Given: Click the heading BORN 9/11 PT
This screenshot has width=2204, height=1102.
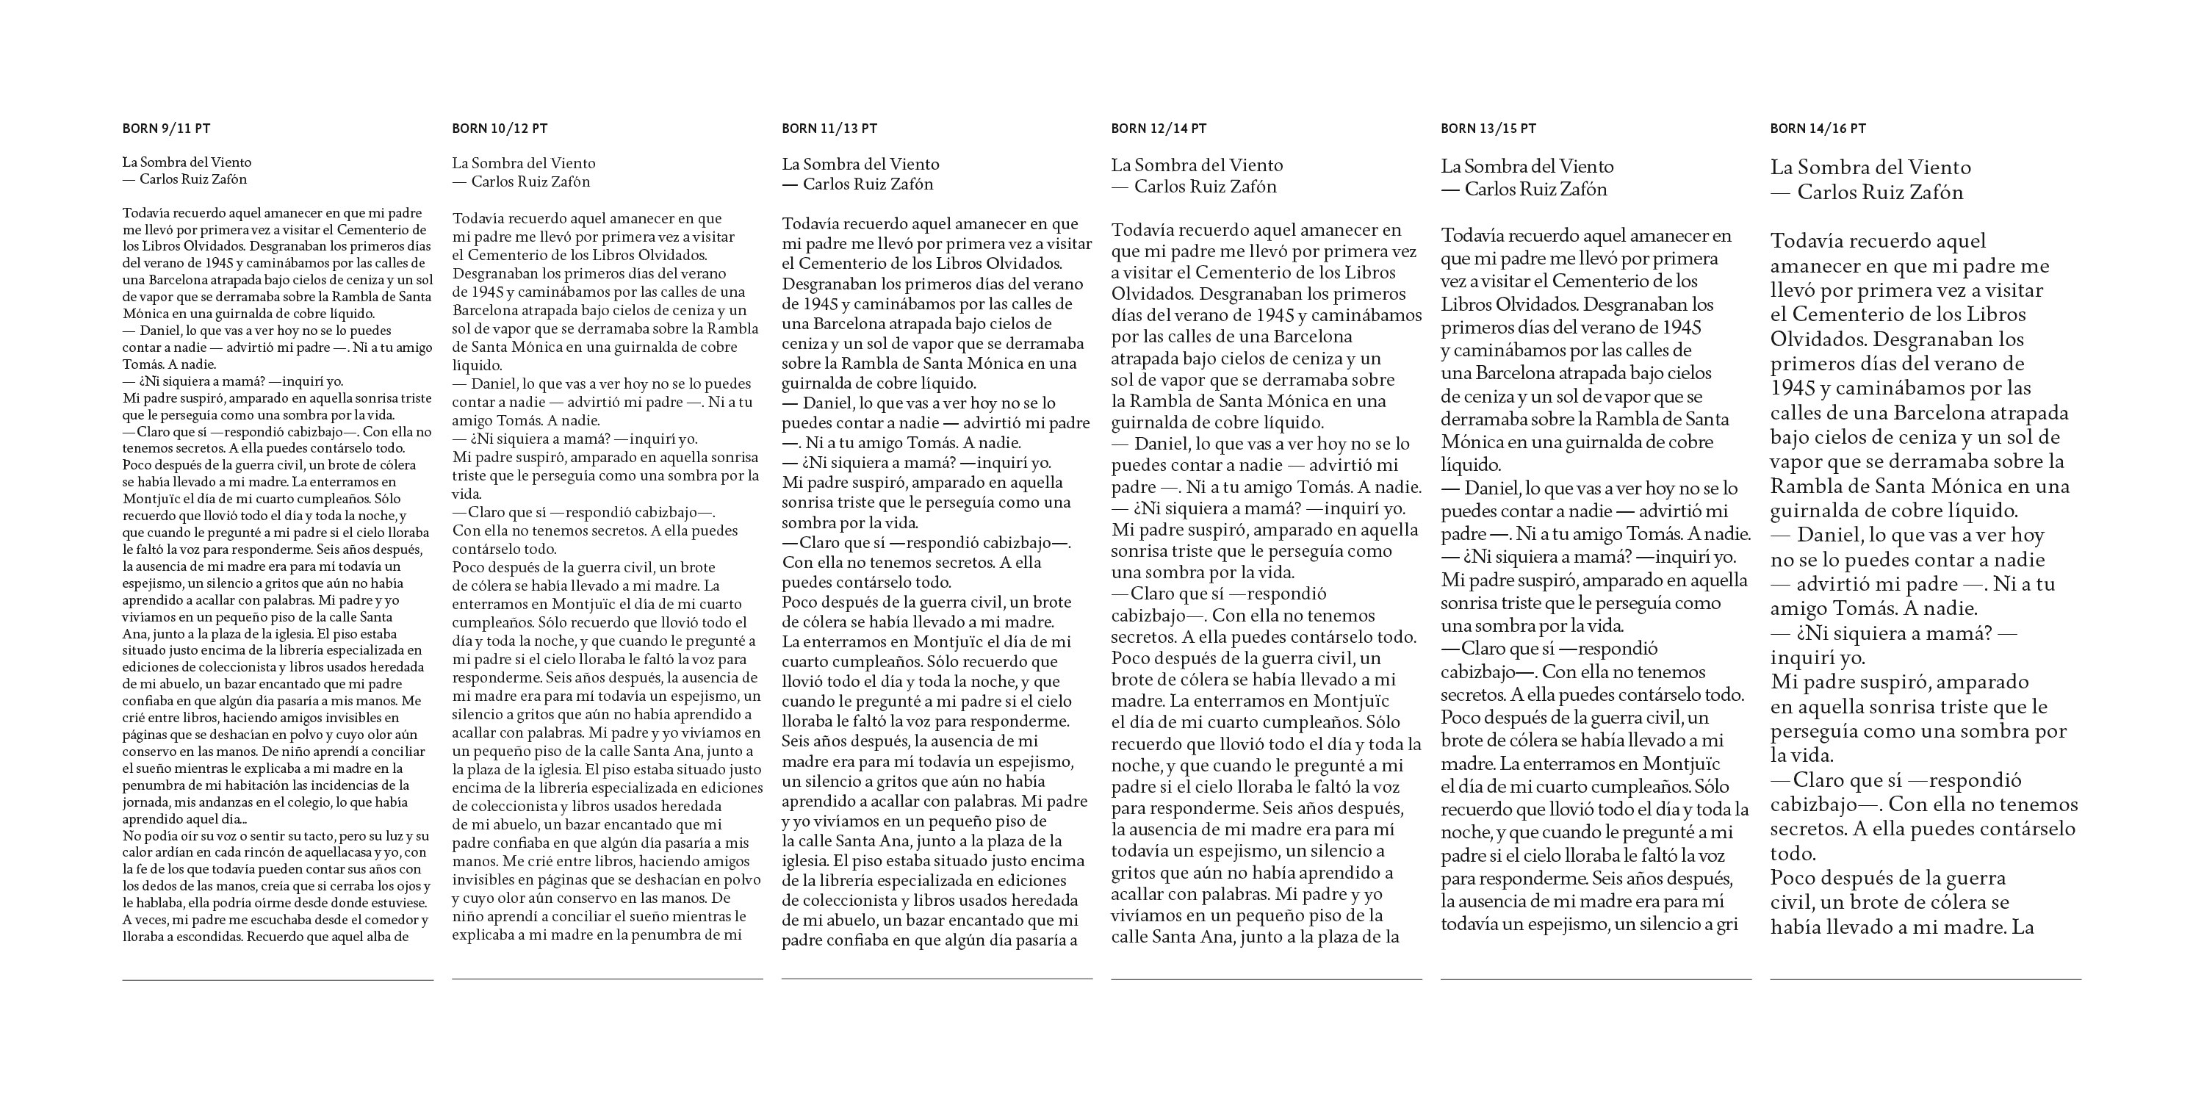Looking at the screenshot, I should click(x=166, y=129).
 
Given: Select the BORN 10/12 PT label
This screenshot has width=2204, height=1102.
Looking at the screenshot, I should click(x=500, y=129).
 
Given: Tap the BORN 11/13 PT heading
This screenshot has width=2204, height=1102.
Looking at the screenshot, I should click(x=829, y=129).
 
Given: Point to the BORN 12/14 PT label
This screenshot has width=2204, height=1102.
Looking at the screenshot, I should click(x=1159, y=129).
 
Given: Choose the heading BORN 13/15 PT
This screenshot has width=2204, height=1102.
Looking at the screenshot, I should click(x=1488, y=129).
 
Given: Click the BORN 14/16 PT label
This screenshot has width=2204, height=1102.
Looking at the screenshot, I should click(x=1818, y=129).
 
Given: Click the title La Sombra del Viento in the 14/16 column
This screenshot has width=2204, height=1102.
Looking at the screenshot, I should click(x=1870, y=168).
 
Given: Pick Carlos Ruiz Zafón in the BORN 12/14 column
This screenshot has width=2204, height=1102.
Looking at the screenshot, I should click(x=1205, y=187).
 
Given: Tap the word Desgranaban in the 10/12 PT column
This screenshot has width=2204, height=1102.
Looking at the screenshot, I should click(x=494, y=274).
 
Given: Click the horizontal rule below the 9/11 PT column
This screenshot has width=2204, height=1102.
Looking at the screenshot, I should click(x=277, y=979).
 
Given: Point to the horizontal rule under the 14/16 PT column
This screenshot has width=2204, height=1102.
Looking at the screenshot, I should click(x=1925, y=979).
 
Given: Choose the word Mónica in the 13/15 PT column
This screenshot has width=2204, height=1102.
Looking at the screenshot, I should click(x=1467, y=443).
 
